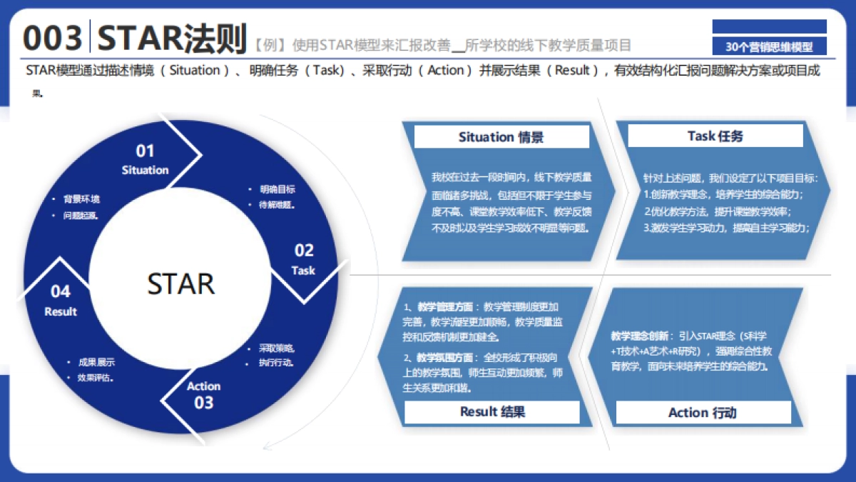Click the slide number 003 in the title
click(x=53, y=38)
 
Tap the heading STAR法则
click(x=172, y=38)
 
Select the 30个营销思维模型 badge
click(x=769, y=47)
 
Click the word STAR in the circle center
click(x=180, y=283)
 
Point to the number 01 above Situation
click(x=145, y=151)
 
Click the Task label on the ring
click(x=303, y=271)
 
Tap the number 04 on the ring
click(x=61, y=291)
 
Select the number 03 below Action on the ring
click(x=204, y=403)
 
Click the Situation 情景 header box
click(x=501, y=137)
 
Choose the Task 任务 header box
click(x=715, y=136)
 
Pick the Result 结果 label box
click(x=492, y=411)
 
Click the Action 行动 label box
click(x=703, y=413)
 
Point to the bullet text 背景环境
click(x=81, y=199)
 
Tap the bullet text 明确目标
click(x=277, y=189)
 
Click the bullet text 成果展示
click(x=96, y=362)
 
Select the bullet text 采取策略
click(x=276, y=348)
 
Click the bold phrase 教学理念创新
click(x=641, y=336)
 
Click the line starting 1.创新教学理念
click(x=723, y=194)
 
